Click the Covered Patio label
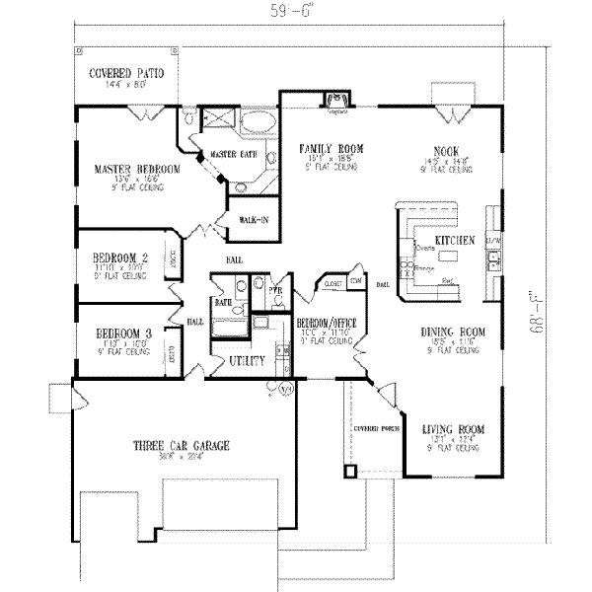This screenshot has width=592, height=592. pos(125,73)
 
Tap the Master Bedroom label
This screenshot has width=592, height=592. pos(137,169)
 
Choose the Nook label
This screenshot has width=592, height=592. pos(444,149)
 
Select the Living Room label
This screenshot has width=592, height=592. pos(452,429)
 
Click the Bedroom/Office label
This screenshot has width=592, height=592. pos(326,323)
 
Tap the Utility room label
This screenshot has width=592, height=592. pos(246,362)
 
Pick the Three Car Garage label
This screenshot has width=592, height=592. pos(182,446)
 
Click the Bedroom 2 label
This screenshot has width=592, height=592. pos(123,256)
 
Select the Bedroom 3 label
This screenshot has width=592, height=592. pos(123,333)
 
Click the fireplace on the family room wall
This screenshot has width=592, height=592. pos(337,97)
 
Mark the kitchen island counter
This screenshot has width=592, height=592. pos(449,257)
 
